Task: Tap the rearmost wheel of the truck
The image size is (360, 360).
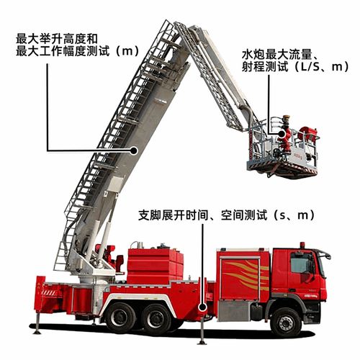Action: [x=120, y=317]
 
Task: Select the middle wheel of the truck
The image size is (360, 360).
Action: [x=158, y=317]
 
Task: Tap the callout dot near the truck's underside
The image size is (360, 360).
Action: [x=203, y=308]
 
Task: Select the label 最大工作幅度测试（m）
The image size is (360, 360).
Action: [x=76, y=50]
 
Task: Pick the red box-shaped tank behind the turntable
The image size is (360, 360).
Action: [x=155, y=263]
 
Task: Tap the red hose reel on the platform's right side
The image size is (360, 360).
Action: [x=309, y=138]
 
